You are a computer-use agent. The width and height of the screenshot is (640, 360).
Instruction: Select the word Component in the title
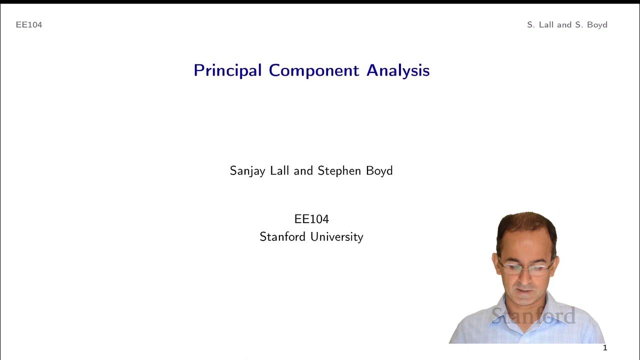(314, 70)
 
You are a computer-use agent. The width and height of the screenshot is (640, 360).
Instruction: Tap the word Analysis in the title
(398, 70)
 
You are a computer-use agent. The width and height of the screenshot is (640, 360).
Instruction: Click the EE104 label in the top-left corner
(29, 24)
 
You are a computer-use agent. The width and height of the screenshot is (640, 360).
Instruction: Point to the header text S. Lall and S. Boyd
(567, 24)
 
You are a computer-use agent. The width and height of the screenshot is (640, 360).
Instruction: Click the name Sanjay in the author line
(246, 171)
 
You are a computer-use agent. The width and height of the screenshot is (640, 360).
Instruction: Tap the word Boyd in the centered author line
(379, 170)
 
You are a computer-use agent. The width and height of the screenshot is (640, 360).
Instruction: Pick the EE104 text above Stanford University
(311, 219)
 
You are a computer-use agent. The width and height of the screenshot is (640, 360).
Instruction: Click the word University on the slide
(337, 236)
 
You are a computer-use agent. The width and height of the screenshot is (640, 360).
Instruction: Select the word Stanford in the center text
(283, 236)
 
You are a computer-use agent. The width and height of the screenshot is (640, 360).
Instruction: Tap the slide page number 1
(605, 348)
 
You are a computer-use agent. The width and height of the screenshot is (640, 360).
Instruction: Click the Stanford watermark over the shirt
(533, 315)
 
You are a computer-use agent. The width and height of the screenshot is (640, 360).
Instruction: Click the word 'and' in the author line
(303, 170)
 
